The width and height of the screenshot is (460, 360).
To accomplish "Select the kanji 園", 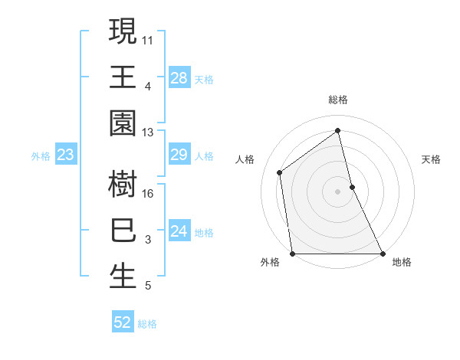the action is point(123,123).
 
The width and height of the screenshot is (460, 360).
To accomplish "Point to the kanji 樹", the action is point(123,184).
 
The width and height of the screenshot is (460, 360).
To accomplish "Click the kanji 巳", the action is point(123,231).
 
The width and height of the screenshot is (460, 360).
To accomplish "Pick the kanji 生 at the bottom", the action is point(123,277).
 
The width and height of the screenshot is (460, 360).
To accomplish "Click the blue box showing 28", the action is point(179,77).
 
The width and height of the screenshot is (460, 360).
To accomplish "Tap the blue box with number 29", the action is point(179,155).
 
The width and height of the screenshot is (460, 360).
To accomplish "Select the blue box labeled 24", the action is point(179,231).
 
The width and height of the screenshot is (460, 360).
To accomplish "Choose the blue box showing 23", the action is point(65,155).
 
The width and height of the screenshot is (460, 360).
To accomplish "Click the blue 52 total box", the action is point(122,322).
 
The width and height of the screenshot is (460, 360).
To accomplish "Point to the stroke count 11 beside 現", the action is point(148,39).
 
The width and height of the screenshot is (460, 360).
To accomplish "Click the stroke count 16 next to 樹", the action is point(148,193).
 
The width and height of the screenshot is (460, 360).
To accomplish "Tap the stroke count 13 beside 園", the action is point(148,133).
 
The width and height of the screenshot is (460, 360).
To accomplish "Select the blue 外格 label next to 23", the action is point(41,156).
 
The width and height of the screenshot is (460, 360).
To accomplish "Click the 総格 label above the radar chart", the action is point(337,100).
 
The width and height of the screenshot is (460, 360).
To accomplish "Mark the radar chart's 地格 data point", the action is point(383,254).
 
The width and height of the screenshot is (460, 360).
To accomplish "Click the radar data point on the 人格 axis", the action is point(280,172).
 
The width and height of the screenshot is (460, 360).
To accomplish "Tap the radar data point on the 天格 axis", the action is point(352,187).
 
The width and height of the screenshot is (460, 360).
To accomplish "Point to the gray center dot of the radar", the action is point(337,191).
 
